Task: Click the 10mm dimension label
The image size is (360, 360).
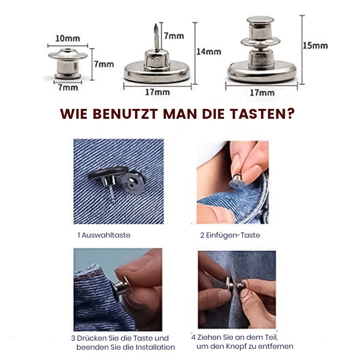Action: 67,39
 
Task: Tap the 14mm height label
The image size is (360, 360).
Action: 208,52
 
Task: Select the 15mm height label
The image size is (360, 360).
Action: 315,45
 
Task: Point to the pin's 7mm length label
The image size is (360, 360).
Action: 174,36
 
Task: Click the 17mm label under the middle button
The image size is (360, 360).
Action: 157,92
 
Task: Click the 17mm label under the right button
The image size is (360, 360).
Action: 262,93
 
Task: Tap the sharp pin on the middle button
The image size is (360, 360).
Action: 156,36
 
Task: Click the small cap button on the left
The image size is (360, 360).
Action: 68,63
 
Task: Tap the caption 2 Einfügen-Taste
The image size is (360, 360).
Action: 230,235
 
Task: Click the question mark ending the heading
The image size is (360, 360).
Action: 291,114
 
